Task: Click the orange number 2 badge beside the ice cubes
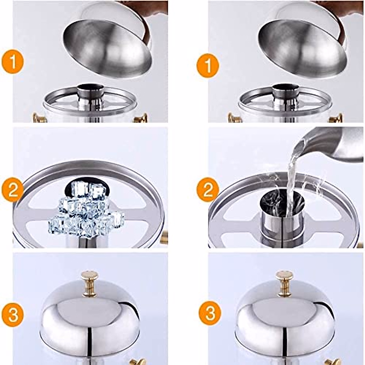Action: pyautogui.click(x=12, y=190)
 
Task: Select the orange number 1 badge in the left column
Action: pyautogui.click(x=12, y=62)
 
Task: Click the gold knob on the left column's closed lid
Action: pyautogui.click(x=90, y=282)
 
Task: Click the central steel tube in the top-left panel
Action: pyautogui.click(x=91, y=97)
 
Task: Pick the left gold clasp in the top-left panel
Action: pyautogui.click(x=39, y=118)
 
